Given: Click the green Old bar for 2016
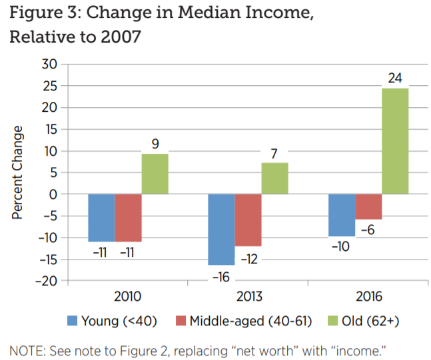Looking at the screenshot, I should (395, 141).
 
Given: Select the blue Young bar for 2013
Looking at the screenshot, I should (221, 229).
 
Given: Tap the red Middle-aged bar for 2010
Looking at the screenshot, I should (128, 218).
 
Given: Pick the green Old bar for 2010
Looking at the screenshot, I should (155, 174).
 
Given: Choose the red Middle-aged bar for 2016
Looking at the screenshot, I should (368, 206).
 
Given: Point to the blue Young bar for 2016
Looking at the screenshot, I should (342, 215).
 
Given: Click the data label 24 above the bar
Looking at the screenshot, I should (395, 79).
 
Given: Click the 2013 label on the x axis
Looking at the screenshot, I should (248, 297).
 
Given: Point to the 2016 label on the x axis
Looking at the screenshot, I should (368, 297).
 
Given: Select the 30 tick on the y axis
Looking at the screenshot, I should (50, 65).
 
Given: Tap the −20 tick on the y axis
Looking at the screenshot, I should (47, 281).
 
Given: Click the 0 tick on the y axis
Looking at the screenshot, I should (55, 194).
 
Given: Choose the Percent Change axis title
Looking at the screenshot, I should (18, 172).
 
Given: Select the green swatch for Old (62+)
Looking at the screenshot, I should (324, 321).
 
